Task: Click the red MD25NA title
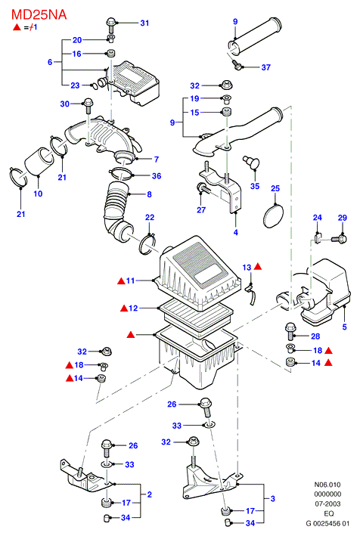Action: [39, 14]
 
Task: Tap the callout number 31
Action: [144, 23]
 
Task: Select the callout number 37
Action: [266, 67]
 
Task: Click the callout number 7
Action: [157, 160]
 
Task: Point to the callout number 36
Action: [157, 175]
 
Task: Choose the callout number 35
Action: [255, 186]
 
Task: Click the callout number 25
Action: [275, 188]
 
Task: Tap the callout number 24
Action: [317, 218]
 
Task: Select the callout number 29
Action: [342, 218]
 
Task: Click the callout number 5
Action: [345, 327]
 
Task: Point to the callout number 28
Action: [315, 336]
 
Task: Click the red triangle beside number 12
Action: [124, 308]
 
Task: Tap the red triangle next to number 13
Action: [258, 266]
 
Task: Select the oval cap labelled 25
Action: [273, 215]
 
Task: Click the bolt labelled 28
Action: [290, 331]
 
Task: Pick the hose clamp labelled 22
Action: [147, 243]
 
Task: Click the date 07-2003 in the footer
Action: [327, 503]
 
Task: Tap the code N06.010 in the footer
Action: [327, 485]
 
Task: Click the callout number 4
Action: [235, 232]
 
